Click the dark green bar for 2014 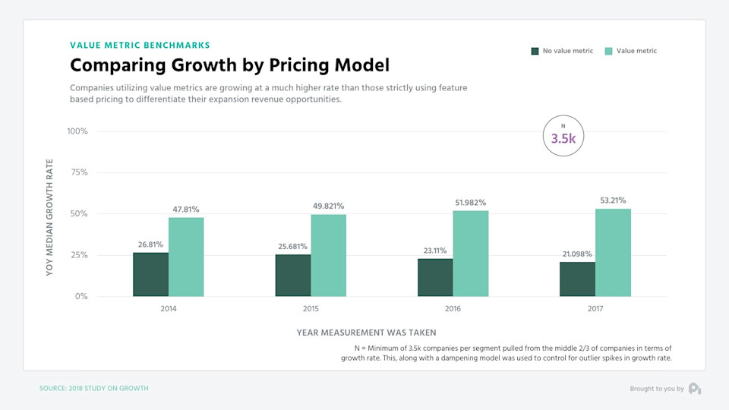point(150,274)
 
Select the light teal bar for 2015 point(328,255)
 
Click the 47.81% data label point(185,210)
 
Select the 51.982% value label point(471,203)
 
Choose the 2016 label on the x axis point(453,310)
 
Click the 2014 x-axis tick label point(168,310)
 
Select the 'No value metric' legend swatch point(535,51)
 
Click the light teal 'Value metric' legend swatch point(608,51)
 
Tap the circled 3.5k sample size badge point(563,136)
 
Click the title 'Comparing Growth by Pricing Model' point(229,65)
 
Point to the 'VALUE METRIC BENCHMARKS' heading point(140,46)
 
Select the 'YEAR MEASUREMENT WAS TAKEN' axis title point(366,333)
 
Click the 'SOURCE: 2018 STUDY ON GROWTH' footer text point(93,389)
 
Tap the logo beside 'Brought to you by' point(695,389)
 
